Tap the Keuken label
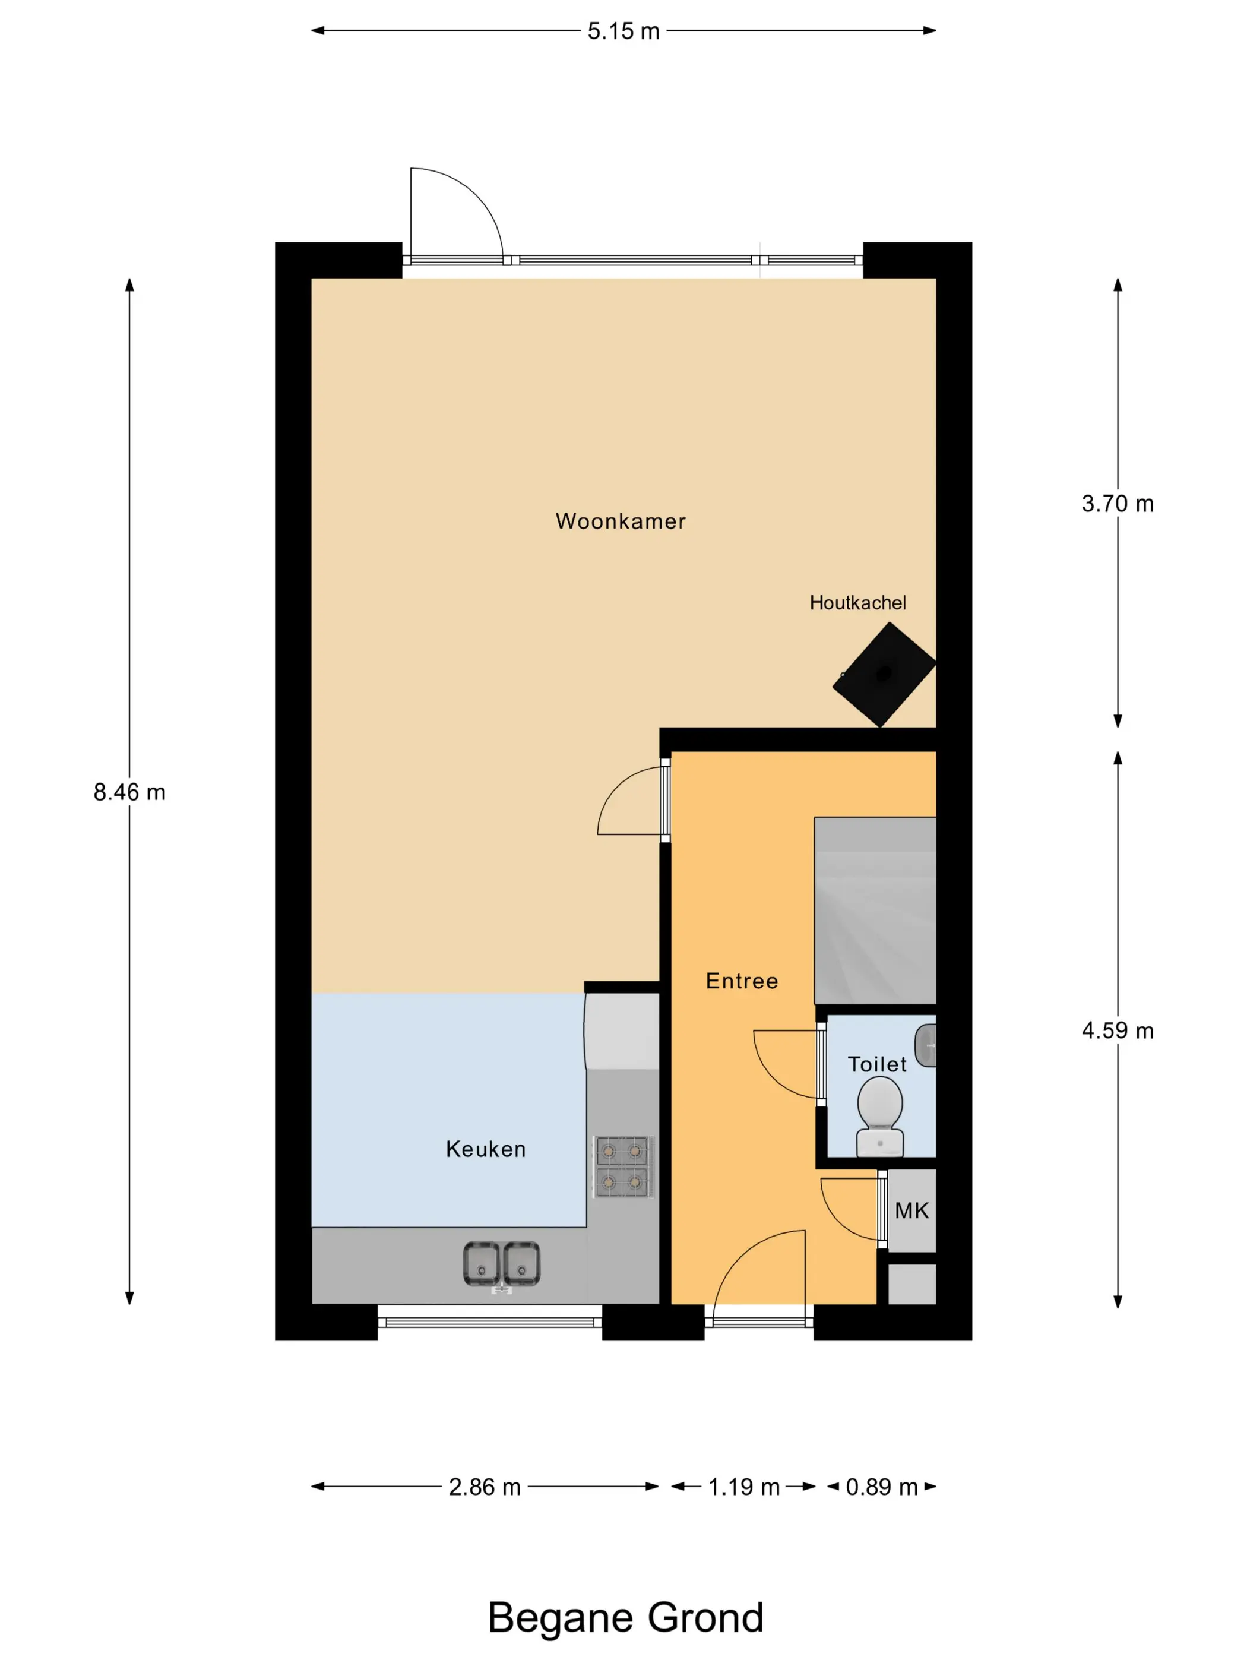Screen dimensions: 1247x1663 [x=486, y=1149]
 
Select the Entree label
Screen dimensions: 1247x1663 [x=742, y=981]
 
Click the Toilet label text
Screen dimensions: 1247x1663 [x=876, y=1064]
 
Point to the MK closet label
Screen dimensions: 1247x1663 [x=911, y=1210]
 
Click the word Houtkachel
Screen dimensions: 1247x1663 [x=857, y=602]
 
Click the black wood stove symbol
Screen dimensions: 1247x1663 [x=884, y=674]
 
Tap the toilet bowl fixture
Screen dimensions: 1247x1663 [x=880, y=1117]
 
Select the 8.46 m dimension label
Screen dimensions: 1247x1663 [x=129, y=792]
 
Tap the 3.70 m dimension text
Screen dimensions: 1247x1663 [x=1118, y=503]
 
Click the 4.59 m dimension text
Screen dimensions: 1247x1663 [x=1118, y=1030]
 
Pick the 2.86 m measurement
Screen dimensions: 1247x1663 [x=485, y=1487]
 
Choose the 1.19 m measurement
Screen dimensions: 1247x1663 [x=744, y=1487]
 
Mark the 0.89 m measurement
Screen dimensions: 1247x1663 [x=882, y=1487]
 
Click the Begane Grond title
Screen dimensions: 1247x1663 [x=625, y=1617]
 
